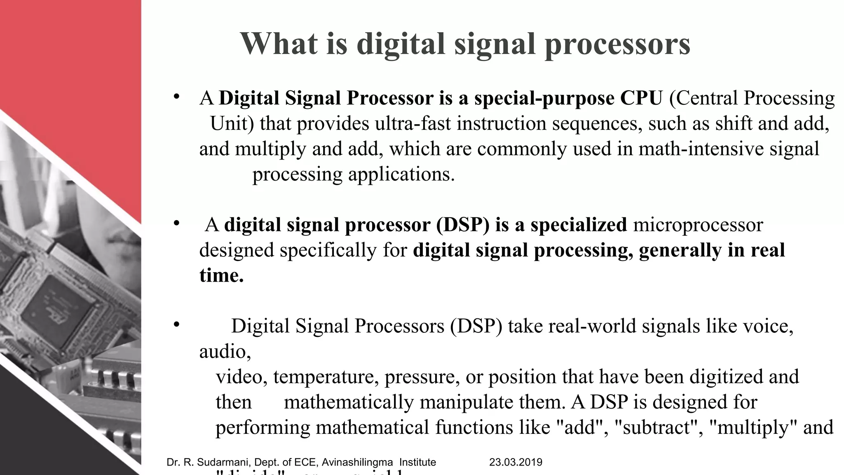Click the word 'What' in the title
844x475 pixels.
pos(279,44)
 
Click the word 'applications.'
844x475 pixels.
pos(401,174)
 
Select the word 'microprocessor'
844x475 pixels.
pos(698,225)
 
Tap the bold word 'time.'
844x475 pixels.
pos(221,275)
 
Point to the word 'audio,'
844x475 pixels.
pos(225,351)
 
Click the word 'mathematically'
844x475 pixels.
pos(349,402)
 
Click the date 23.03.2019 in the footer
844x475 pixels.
pos(516,462)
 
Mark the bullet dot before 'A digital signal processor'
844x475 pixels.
pos(176,223)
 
